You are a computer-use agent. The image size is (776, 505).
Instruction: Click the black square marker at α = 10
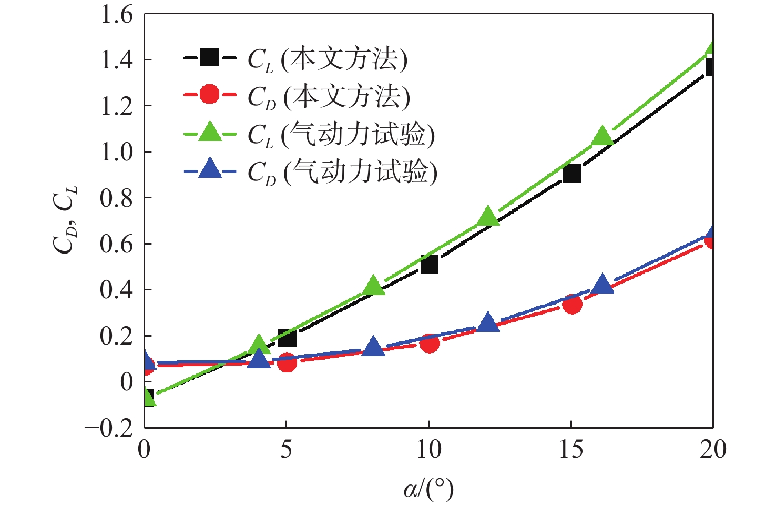(x=429, y=265)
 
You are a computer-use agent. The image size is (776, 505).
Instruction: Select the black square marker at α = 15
(x=571, y=173)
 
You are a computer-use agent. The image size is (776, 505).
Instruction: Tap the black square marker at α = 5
(x=287, y=338)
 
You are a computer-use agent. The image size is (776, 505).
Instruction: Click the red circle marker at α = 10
(x=430, y=344)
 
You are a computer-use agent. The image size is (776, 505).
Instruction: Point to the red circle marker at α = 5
(x=287, y=362)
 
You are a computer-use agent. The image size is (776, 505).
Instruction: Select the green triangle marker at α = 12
(x=487, y=216)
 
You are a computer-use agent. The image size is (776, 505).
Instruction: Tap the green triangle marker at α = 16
(x=602, y=137)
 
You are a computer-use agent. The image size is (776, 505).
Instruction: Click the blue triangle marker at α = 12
(x=487, y=322)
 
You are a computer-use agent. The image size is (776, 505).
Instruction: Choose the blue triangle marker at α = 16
(x=602, y=285)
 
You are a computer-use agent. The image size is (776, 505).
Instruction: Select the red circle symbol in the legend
(x=210, y=95)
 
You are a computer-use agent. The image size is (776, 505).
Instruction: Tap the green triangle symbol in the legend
(x=210, y=132)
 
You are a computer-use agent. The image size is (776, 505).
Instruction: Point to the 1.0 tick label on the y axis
(x=117, y=151)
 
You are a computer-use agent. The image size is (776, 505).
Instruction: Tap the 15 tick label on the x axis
(x=571, y=450)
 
